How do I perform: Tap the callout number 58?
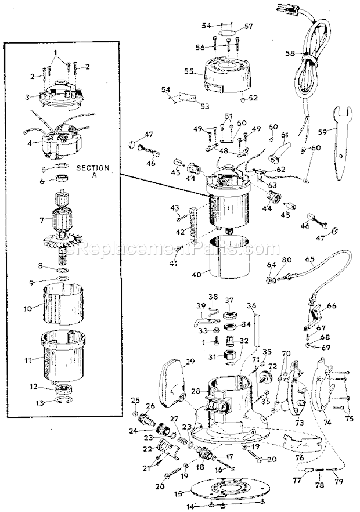pos(290,53)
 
